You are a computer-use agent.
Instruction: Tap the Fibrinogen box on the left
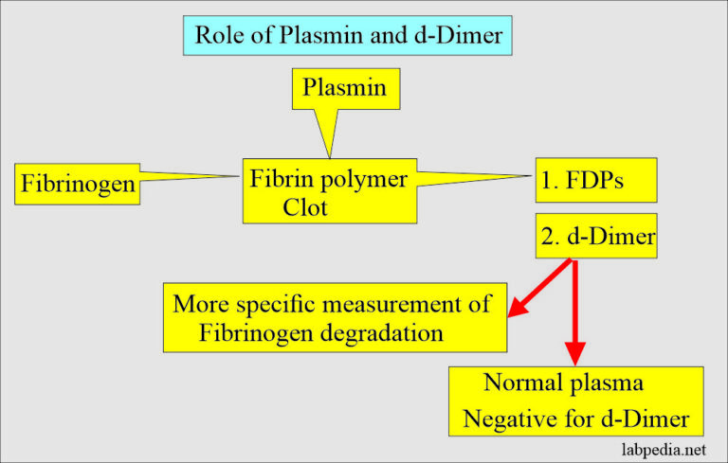[78, 185]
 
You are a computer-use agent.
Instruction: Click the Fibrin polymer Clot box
[328, 191]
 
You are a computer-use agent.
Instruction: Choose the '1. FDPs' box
[595, 180]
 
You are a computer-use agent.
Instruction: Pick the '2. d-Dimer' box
[595, 237]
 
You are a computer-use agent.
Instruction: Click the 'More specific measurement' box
[334, 316]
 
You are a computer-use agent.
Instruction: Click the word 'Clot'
[304, 207]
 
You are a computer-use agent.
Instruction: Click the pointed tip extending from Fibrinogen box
[237, 176]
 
